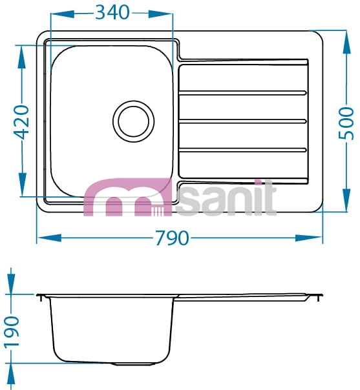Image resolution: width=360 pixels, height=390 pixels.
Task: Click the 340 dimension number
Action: point(112,12)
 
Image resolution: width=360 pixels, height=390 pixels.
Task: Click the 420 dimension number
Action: point(21,122)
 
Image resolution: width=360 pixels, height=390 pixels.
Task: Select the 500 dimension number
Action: point(346,123)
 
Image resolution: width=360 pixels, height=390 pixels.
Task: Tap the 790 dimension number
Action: point(172,238)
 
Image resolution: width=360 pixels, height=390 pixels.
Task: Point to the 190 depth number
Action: point(12,331)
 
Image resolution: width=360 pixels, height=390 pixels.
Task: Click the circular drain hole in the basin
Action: point(133,121)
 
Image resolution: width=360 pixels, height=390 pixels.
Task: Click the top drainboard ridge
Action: point(242,93)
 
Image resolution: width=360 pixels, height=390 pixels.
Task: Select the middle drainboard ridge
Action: point(242,121)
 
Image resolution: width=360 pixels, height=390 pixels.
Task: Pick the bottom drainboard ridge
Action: point(242,150)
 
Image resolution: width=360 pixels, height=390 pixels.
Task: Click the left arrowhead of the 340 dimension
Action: point(63,14)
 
